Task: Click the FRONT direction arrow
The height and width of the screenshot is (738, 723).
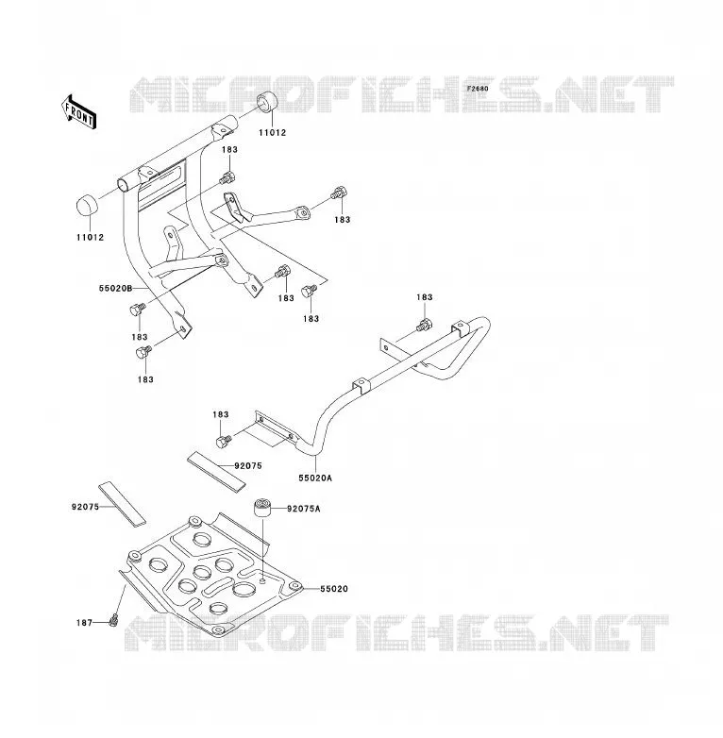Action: click(x=79, y=112)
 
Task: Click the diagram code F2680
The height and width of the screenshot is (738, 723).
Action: click(x=478, y=89)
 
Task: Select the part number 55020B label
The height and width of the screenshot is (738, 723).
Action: click(x=116, y=288)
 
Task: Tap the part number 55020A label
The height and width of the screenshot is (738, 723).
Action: click(x=315, y=478)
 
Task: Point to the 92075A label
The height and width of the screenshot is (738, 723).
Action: click(x=304, y=509)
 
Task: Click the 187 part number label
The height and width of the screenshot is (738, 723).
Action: click(x=84, y=623)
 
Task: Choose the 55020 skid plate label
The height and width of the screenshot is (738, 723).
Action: click(x=334, y=589)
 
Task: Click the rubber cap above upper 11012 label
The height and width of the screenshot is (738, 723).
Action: click(x=267, y=102)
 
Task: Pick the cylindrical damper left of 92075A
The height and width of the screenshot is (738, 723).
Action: click(x=263, y=508)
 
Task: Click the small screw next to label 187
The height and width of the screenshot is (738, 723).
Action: click(x=112, y=621)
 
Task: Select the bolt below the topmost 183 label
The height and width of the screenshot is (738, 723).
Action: click(x=227, y=178)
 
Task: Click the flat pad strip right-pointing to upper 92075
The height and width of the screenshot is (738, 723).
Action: click(x=216, y=471)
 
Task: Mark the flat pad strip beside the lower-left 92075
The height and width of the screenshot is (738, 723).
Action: click(x=122, y=504)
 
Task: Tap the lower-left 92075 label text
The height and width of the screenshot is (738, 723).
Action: click(x=85, y=507)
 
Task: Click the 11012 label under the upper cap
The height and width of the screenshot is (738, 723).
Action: click(x=273, y=133)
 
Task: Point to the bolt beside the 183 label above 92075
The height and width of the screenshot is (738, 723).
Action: click(x=223, y=442)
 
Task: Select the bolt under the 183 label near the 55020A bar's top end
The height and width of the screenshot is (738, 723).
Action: click(x=424, y=325)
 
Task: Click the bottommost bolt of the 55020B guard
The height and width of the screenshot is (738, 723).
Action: click(x=143, y=352)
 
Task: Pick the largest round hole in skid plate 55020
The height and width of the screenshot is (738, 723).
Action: click(x=244, y=589)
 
